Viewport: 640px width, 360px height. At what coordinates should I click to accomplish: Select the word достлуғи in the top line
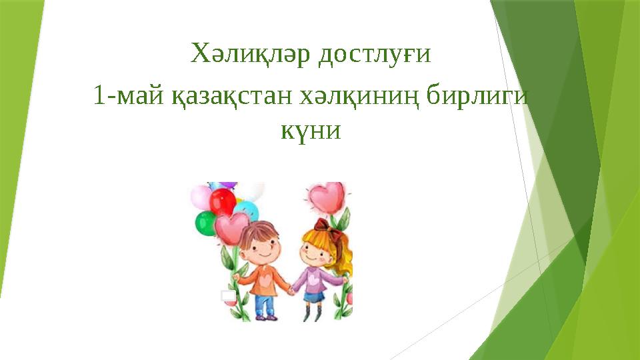pos(374,55)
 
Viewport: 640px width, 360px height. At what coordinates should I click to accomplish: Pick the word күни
pos(310,130)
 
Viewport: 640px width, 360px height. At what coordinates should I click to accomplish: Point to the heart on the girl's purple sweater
pos(313,277)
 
